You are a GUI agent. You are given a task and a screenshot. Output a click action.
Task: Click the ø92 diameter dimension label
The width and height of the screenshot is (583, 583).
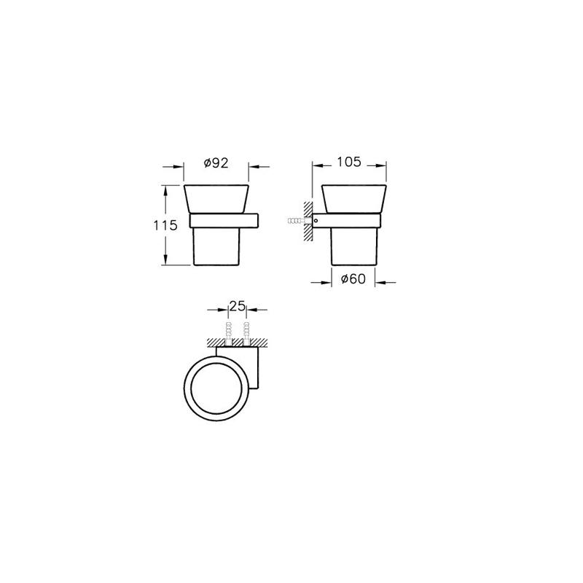tap(216, 163)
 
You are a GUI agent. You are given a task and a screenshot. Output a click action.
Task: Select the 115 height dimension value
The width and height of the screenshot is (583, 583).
tap(165, 225)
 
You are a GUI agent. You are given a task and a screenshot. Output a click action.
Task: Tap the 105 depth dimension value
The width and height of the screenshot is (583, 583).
tap(349, 162)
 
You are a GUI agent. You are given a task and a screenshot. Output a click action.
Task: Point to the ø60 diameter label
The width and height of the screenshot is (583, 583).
tap(353, 278)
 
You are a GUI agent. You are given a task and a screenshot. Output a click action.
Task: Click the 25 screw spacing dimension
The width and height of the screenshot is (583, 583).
tap(238, 306)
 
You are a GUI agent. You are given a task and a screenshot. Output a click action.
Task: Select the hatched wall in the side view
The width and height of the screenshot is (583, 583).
tap(308, 222)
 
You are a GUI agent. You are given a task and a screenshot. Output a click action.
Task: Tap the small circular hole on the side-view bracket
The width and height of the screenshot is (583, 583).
tap(316, 221)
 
